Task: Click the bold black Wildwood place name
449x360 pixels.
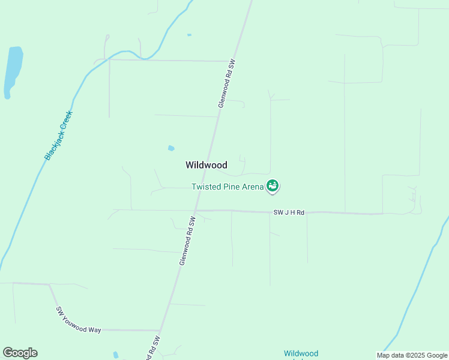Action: coord(206,165)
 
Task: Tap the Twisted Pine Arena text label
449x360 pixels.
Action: coord(228,187)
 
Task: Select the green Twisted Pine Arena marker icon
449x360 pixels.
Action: coord(273,187)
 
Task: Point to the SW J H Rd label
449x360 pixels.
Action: coord(289,212)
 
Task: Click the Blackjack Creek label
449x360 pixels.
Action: coord(58,135)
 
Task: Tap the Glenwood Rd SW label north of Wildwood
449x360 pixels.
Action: coord(226,83)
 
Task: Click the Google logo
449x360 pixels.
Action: coord(20,353)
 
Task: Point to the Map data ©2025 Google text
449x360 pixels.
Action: coord(412,355)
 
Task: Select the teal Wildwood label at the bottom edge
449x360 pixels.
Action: coord(301,353)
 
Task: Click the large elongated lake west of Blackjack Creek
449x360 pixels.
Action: coord(13,71)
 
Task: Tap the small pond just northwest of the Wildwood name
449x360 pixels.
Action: coord(171,148)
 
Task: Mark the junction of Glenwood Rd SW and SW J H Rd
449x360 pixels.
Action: coord(196,211)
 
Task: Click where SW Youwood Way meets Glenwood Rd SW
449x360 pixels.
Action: coord(160,330)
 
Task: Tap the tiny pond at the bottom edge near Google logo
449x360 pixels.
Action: coord(116,355)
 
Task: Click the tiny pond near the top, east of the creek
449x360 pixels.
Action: coord(189,35)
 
